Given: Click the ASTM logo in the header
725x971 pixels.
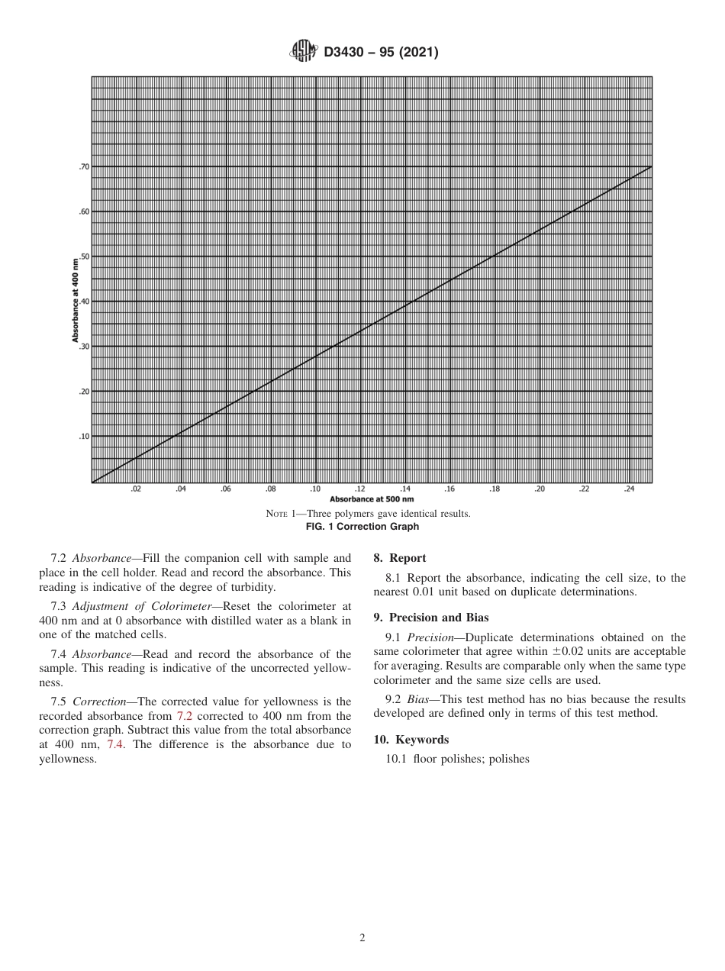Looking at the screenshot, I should (302, 52).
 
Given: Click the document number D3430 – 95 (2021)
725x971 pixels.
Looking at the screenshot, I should (381, 53).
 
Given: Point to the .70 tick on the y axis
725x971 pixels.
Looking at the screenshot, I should (84, 166).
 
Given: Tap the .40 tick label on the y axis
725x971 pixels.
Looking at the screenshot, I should (84, 302).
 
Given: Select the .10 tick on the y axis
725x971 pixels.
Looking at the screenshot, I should (84, 437).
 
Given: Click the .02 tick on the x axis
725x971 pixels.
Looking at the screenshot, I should (136, 489).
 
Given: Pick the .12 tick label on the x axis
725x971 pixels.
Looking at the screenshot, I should (360, 489).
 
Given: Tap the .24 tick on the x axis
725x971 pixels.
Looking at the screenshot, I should (630, 489).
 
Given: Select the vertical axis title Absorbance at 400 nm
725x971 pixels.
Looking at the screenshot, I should (76, 301).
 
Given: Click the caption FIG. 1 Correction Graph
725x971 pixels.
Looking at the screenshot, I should (362, 527).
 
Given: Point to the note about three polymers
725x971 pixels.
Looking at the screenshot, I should (368, 514).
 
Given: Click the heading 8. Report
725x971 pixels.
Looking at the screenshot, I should (400, 558).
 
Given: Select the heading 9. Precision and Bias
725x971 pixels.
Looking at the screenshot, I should (431, 618).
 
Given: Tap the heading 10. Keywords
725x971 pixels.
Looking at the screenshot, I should (411, 740).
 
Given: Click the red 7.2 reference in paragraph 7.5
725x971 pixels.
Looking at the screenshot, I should (185, 716).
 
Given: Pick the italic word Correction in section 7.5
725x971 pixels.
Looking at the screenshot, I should (98, 702).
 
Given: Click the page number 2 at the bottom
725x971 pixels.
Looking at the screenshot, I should (362, 938).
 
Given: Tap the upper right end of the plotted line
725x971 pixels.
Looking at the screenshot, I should (651, 166).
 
